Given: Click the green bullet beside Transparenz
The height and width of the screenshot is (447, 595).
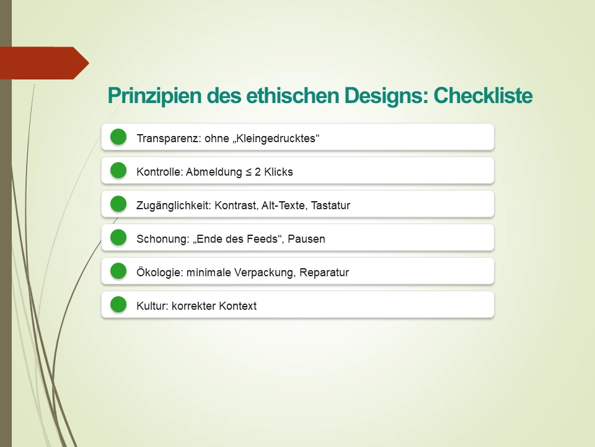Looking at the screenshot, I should pos(118,137).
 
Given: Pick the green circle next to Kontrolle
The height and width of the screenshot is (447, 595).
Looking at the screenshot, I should pos(118,171).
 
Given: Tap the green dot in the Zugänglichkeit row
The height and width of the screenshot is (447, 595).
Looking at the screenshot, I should pos(118,204).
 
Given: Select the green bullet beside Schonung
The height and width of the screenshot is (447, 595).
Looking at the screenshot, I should pos(118,238).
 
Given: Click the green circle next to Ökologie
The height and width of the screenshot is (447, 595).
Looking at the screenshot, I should pos(118,271).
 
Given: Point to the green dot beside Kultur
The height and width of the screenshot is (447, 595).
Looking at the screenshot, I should pos(118,305).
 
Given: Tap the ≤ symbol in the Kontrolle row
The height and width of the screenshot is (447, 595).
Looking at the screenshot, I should pos(249,172).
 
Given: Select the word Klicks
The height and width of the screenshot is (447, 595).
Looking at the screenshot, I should pos(278,172).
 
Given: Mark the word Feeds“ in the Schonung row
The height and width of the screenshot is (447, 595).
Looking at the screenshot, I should pos(268,239).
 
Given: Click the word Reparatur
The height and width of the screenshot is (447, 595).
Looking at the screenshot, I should pos(324,273).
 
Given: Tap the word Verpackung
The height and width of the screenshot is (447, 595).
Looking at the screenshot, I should pos(265,273).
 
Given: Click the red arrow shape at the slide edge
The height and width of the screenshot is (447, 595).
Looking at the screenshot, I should pos(43,63).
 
